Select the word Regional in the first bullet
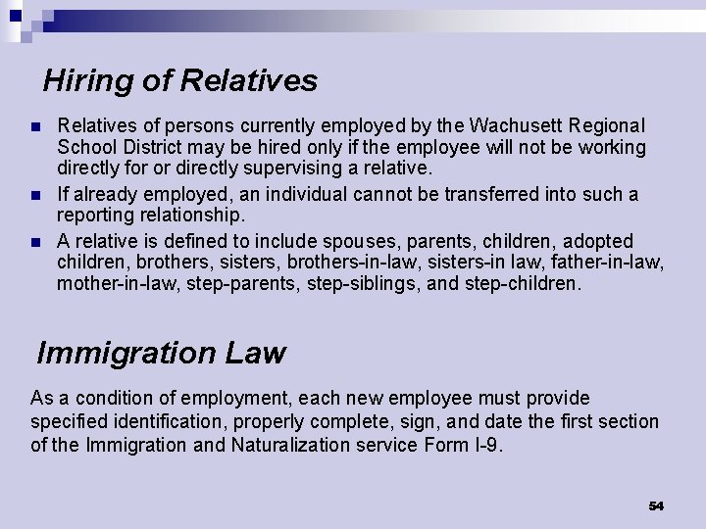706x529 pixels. click(x=607, y=126)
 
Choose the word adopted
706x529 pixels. click(x=599, y=241)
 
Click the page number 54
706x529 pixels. click(x=656, y=505)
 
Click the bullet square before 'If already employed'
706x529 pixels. click(x=35, y=195)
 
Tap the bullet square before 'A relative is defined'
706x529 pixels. click(x=35, y=242)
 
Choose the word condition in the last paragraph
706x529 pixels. click(x=115, y=398)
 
